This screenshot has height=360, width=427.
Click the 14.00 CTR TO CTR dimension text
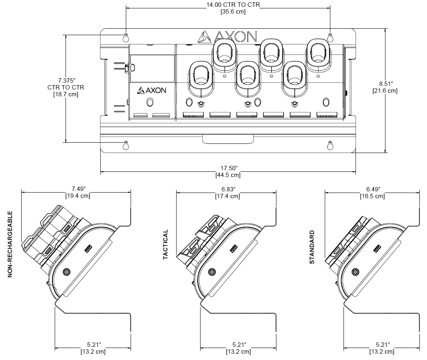click(x=233, y=5)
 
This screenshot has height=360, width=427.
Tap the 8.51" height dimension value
click(x=386, y=84)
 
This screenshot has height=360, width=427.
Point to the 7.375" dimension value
click(x=66, y=80)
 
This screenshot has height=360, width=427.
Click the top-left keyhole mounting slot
click(x=126, y=37)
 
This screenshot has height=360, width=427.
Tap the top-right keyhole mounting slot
click(x=330, y=37)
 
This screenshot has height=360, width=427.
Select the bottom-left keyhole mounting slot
click(x=126, y=145)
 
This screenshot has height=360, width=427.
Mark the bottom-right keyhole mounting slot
click(x=330, y=145)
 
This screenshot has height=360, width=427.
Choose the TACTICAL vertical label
click(x=166, y=245)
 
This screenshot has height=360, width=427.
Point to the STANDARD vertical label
click(x=312, y=247)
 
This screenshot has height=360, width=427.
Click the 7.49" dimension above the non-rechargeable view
click(x=78, y=189)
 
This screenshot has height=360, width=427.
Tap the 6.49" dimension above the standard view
click(x=373, y=189)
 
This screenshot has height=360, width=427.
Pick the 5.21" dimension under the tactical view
click(x=238, y=344)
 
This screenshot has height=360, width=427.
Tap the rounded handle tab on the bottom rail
click(x=228, y=139)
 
